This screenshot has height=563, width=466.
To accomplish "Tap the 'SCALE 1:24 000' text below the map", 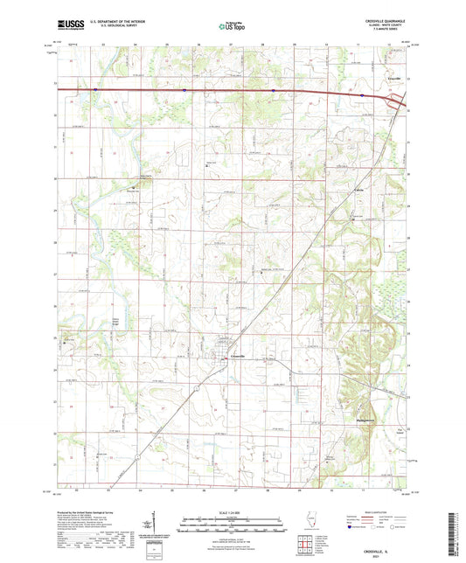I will [232, 511].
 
